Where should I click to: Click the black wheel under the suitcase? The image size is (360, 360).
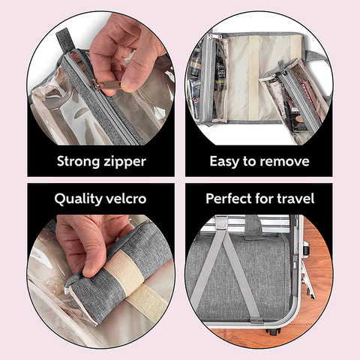point(274,330)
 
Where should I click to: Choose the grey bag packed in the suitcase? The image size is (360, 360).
point(240,277)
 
